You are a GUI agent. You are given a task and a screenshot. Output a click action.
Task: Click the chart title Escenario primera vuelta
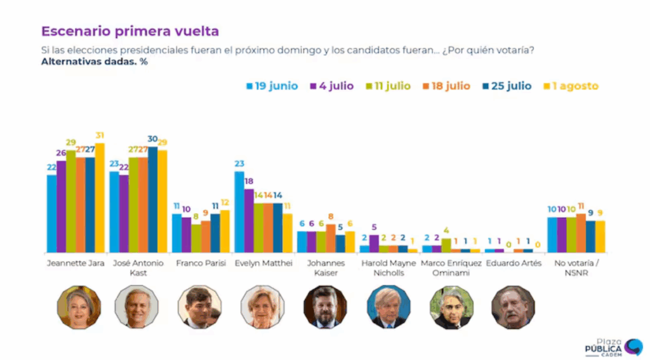coord(130,30)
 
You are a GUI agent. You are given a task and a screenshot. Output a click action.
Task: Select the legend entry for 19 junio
coord(271,86)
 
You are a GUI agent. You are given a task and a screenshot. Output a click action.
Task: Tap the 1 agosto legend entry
coord(572,86)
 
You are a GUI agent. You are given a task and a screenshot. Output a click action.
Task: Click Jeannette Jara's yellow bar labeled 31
coord(100,197)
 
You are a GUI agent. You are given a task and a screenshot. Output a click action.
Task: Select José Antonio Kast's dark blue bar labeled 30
coord(152,199)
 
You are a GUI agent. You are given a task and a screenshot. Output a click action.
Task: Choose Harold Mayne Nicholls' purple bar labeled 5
coord(374,244)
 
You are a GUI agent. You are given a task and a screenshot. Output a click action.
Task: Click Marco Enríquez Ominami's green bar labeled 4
coord(446,245)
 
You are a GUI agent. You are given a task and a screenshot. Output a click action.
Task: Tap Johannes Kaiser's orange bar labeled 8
coord(331,238)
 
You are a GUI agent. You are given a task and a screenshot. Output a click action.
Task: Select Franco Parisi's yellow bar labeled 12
coord(225,231)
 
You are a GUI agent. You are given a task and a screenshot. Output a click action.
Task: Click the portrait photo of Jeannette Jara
coord(79,307)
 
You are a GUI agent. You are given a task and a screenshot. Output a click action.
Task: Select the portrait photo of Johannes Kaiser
coord(325,307)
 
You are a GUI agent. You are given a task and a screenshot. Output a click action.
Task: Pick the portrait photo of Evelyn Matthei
coord(262,307)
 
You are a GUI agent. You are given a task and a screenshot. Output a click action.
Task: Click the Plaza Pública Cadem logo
coord(613,346)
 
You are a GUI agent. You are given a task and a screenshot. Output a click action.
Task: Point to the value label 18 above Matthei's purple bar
coord(249,182)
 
